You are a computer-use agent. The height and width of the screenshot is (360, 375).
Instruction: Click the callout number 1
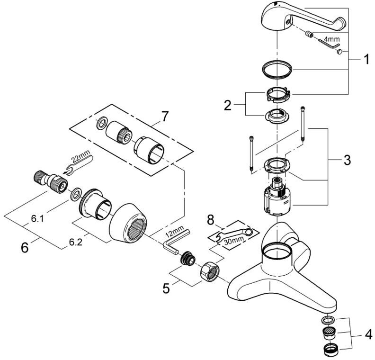pos(366,59)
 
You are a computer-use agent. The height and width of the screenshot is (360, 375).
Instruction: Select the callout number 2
pos(228,106)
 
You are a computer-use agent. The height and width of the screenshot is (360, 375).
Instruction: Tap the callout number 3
pos(347,160)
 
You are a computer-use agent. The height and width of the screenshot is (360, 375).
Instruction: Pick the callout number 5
pos(166,288)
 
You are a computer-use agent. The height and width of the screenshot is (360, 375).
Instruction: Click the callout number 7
pos(165,117)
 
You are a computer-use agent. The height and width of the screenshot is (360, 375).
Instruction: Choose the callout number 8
pos(210,220)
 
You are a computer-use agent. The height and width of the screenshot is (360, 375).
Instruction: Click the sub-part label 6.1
pos(37,219)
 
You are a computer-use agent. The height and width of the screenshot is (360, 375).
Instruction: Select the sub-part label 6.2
pos(76,243)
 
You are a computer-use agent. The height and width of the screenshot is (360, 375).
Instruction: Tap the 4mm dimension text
pos(332,39)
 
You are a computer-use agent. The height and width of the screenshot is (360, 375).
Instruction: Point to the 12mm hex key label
pos(175,230)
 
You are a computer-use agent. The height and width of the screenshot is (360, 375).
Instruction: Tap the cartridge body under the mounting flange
pos(277,197)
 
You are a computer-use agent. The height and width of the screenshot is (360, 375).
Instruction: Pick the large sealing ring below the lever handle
pos(277,69)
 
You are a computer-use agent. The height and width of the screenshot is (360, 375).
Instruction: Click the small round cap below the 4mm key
pos(339,52)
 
